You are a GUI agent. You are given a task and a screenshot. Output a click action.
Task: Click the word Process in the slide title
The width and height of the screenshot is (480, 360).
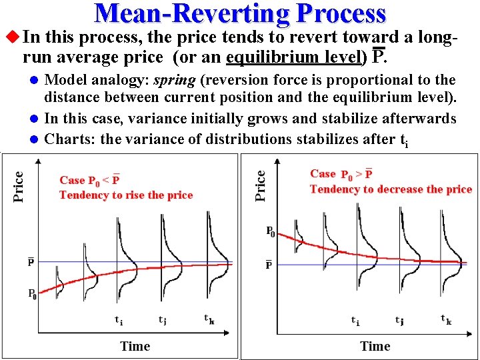point(341,13)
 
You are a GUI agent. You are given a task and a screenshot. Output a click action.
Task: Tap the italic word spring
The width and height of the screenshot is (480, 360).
point(174,81)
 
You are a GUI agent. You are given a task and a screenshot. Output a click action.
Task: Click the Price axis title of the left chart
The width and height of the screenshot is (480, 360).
point(19,187)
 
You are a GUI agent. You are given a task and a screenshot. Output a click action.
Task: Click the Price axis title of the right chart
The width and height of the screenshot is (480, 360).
point(261,185)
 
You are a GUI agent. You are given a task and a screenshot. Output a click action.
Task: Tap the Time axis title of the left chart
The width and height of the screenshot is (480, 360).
point(135,345)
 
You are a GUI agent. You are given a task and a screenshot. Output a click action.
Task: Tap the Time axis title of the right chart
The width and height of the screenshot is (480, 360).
point(375,345)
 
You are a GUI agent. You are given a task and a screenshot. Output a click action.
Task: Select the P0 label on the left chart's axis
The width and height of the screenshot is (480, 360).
point(31,293)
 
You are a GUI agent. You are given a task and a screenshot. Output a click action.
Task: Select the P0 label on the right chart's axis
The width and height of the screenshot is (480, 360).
point(270,232)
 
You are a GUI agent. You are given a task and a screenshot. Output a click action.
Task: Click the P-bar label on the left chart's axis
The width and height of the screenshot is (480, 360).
point(31,262)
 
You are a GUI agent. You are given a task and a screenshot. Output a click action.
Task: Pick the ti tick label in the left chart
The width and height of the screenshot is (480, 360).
point(118,320)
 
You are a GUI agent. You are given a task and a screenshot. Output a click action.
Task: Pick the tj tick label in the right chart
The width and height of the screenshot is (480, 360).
point(399,320)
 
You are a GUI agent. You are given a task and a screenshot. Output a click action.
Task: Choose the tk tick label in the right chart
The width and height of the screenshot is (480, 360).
point(446,320)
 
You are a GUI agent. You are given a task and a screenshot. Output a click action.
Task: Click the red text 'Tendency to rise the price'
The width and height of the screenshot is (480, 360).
point(125,195)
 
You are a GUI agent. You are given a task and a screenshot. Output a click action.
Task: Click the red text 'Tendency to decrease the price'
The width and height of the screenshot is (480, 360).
point(391,189)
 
